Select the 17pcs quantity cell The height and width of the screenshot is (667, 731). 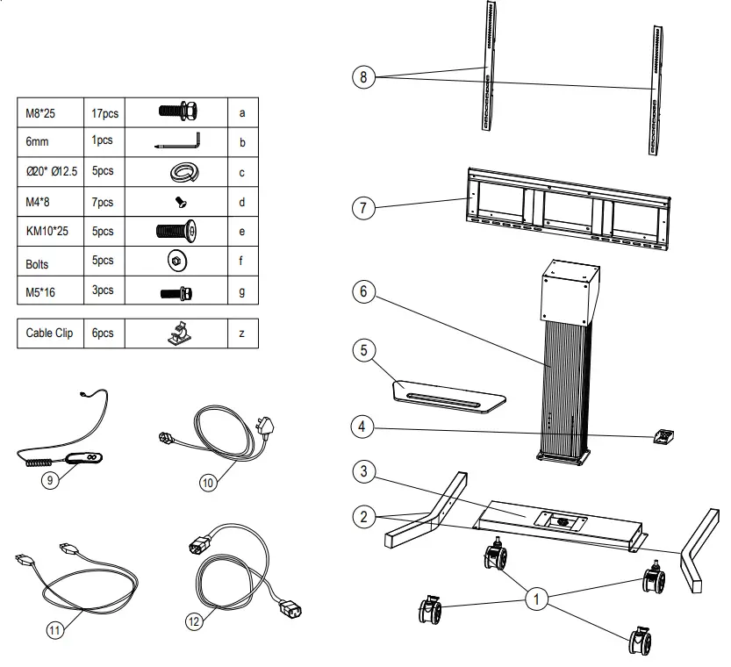tap(104, 113)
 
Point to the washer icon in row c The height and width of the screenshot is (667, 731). tap(180, 172)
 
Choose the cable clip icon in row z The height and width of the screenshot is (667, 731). tap(181, 333)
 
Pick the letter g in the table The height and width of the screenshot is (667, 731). tap(241, 292)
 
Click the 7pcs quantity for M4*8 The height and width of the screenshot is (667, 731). tap(103, 203)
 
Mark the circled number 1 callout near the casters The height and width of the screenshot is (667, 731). tap(535, 599)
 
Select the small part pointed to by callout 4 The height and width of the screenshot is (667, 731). tap(663, 436)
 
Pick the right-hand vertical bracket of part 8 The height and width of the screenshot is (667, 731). tap(656, 90)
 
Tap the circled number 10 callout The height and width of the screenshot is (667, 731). tap(209, 483)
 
